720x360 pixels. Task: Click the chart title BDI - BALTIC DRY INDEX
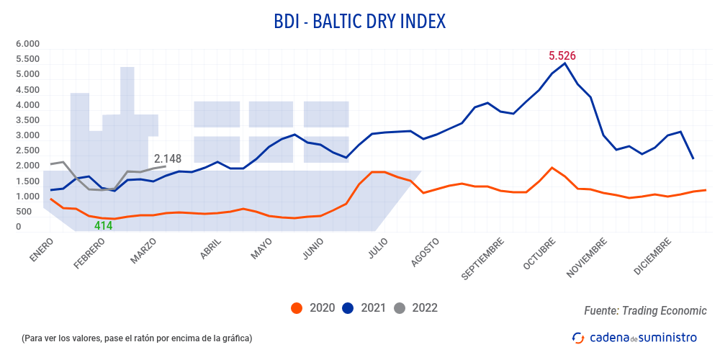[360, 22]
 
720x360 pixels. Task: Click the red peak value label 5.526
[562, 55]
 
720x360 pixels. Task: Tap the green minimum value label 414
[104, 225]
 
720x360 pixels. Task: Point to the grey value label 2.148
[168, 158]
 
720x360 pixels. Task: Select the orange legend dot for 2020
[296, 308]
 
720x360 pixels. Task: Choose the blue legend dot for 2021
[348, 308]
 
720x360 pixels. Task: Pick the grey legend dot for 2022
[400, 308]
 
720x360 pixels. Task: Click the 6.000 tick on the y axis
[27, 44]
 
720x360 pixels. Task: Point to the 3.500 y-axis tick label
[27, 120]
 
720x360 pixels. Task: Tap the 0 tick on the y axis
[18, 227]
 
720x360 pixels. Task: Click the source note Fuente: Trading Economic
[645, 310]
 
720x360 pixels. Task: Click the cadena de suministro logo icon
[577, 337]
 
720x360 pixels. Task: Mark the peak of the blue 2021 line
[565, 63]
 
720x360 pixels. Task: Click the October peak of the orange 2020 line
[552, 168]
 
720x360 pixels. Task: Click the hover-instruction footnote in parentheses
[137, 338]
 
